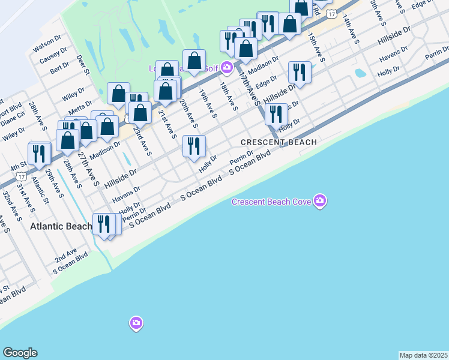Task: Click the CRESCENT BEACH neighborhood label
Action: (x=279, y=142)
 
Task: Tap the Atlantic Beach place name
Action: (x=61, y=226)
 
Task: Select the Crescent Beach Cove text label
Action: (x=271, y=201)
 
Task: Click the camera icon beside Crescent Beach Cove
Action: (x=320, y=200)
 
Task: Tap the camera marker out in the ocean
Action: (x=136, y=323)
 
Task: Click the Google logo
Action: (x=20, y=353)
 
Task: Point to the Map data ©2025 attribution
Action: (x=423, y=355)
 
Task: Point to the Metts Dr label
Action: (x=80, y=110)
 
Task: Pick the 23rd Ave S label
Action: (x=142, y=140)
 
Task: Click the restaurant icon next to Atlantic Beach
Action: (x=103, y=224)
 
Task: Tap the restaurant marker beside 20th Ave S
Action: (x=194, y=146)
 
